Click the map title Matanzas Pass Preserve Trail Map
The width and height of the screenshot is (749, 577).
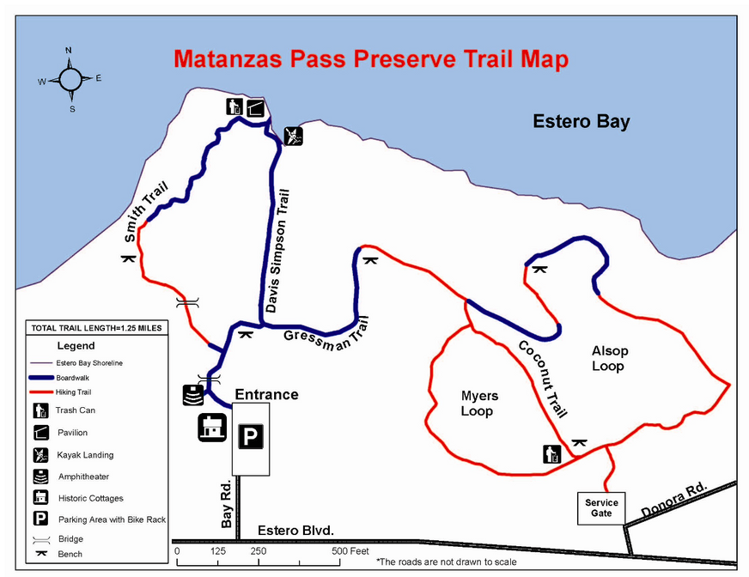(370, 59)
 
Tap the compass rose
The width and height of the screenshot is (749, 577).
(70, 79)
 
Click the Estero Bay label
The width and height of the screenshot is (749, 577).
(581, 121)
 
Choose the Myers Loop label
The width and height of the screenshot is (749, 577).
(478, 404)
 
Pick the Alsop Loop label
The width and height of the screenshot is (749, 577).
(609, 358)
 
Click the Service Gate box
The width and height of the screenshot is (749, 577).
(601, 507)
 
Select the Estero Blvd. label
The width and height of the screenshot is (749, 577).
(295, 531)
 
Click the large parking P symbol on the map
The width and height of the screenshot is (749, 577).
(250, 438)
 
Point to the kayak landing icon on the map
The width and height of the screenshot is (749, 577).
(294, 136)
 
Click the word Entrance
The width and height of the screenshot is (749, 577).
(268, 395)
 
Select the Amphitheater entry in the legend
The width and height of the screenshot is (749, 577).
(83, 477)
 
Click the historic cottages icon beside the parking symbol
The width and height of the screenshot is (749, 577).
(211, 428)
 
